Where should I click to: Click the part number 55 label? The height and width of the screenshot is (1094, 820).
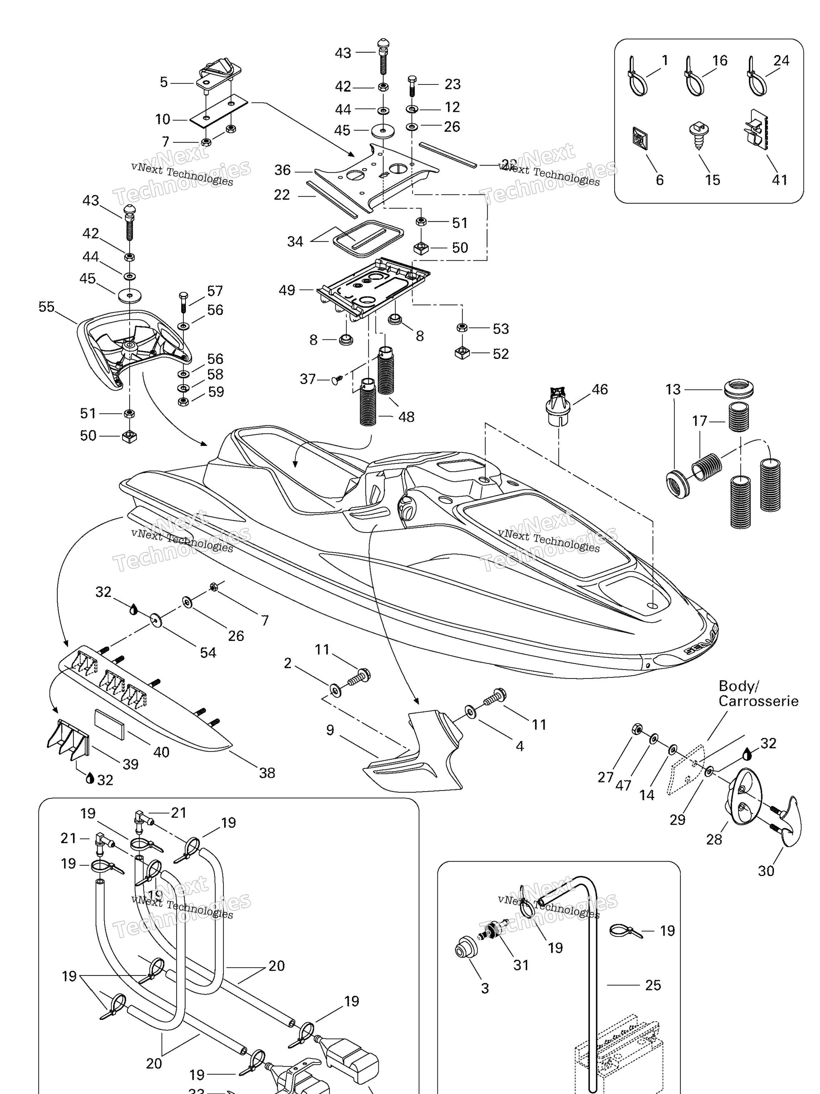coord(47,307)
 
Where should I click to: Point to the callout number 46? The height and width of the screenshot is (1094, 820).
coord(600,389)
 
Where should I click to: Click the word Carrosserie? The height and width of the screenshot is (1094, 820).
coord(758,701)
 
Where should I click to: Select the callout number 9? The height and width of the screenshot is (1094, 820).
coord(330,730)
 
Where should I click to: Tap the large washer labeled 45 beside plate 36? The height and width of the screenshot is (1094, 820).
coord(383,131)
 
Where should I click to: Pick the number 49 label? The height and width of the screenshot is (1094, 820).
coord(287,290)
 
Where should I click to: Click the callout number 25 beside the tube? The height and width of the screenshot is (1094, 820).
coord(653,985)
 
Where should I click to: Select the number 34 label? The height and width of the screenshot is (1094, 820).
coord(295,241)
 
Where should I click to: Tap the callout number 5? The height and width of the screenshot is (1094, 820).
coord(164,82)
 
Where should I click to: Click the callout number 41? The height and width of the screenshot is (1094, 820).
coord(779,180)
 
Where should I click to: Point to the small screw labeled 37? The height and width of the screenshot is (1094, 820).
coord(337,380)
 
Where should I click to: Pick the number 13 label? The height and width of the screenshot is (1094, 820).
coord(673,389)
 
